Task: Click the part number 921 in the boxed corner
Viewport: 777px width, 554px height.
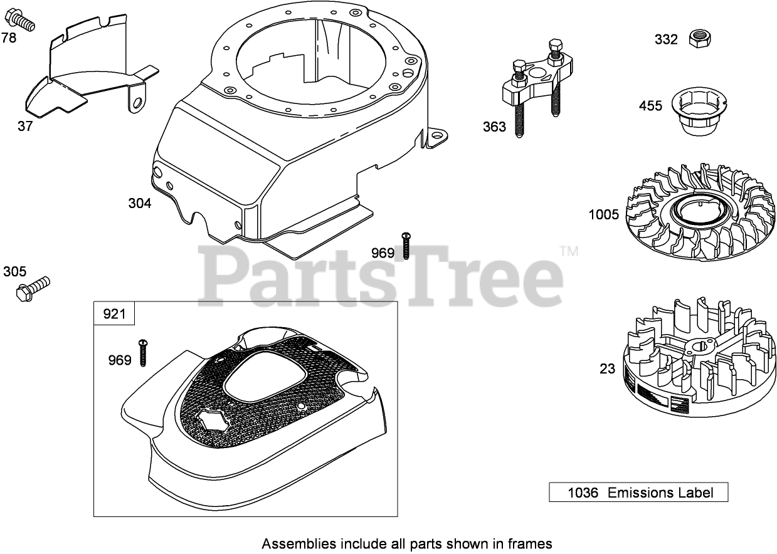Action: (114, 313)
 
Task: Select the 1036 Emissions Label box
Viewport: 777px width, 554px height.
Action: (638, 492)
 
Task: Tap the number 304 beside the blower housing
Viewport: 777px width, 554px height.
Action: (139, 203)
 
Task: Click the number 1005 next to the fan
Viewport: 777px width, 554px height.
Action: (603, 215)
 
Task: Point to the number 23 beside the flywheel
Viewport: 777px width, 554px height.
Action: (607, 368)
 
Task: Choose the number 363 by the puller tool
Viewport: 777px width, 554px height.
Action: (494, 127)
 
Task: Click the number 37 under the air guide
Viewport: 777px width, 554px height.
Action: (25, 126)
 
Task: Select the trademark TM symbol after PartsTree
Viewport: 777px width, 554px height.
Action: (568, 251)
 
